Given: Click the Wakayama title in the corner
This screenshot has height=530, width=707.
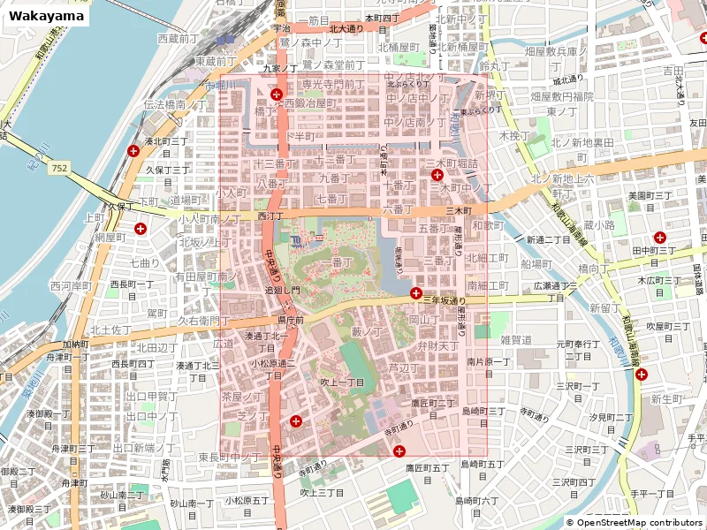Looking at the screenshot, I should coord(49,16).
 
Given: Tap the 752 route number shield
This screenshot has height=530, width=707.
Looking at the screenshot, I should coord(59,168).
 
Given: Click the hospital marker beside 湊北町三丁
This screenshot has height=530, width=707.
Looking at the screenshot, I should coord(133,151).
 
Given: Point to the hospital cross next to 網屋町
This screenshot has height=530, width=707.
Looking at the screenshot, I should coord(141,229).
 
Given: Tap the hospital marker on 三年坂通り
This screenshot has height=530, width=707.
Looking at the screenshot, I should coord(415,292).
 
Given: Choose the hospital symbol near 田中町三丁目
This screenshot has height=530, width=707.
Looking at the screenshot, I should coord(659,237).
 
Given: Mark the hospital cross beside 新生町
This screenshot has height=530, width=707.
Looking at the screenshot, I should coord(641,375).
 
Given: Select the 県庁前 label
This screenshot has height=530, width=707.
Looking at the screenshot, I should coord(291,320).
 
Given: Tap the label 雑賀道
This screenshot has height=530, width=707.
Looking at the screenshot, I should coord(516,339).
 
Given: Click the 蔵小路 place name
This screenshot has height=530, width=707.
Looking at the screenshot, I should coord(598,225).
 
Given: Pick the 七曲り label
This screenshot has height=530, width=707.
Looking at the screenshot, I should coord(145,262).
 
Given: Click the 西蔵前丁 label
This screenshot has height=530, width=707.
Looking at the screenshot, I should coord(179,39).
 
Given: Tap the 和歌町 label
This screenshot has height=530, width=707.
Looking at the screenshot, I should coord(488,225).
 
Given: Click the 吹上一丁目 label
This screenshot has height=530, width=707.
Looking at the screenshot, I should coord(342,382).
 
